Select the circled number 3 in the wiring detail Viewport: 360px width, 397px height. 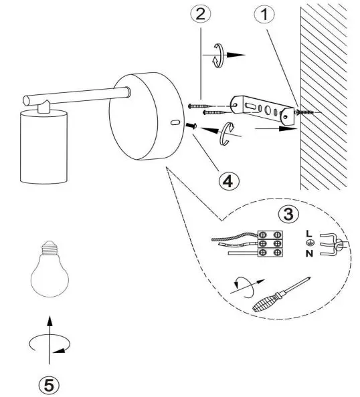pyautogui.click(x=288, y=215)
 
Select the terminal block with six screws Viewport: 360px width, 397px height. pyautogui.click(x=269, y=244)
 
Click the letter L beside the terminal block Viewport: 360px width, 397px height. pyautogui.click(x=307, y=233)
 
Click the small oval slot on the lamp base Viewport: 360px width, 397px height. pyautogui.click(x=174, y=124)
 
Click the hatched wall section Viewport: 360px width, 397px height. pyautogui.click(x=328, y=94)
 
